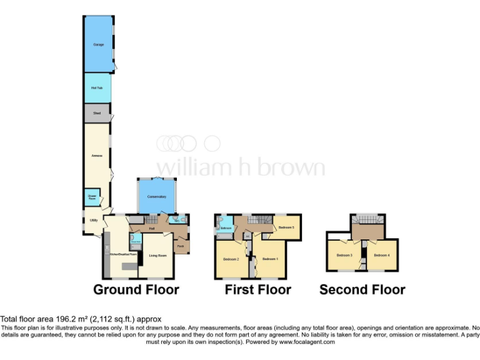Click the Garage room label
point(98,46)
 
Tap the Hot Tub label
point(96,87)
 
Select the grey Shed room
point(97,113)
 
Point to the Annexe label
point(97,155)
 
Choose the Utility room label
point(93,221)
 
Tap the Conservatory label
point(156,197)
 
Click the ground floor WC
point(177,221)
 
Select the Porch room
point(181,246)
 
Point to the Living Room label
point(157,256)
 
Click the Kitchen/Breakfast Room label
point(124,255)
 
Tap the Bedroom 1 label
point(270,259)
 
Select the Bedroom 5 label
point(286,227)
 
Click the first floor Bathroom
point(226,228)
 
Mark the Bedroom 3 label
point(344,255)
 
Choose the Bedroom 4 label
point(382,255)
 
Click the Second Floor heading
point(362,289)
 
